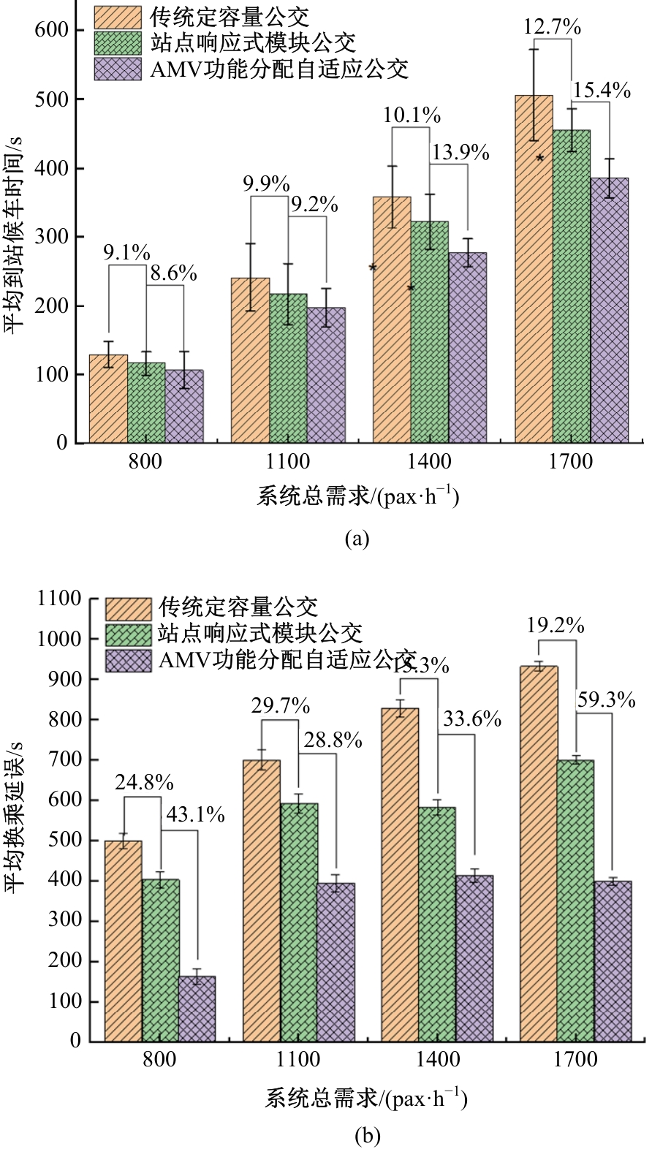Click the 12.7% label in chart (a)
552,28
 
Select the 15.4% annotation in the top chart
601,90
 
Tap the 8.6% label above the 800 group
173,273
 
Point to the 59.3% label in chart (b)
606,699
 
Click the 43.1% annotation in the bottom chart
195,814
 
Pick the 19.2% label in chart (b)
556,626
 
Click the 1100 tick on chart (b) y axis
59,599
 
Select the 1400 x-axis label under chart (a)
429,462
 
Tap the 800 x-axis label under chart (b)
159,1059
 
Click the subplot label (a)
356,539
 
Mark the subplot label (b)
366,1136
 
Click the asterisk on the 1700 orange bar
540,158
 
